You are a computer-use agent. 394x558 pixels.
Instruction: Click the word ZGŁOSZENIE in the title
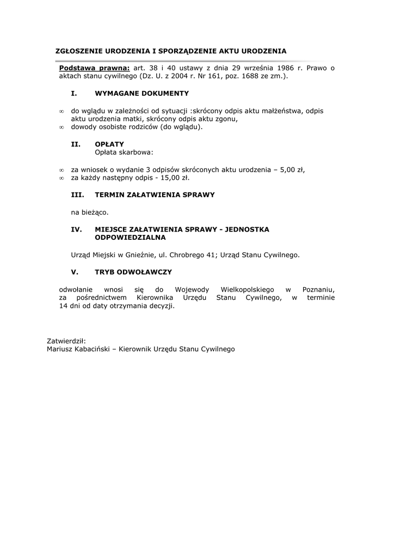pos(78,51)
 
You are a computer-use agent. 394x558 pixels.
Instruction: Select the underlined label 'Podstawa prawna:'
pos(94,68)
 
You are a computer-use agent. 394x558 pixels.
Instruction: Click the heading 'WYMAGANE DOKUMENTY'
pos(141,94)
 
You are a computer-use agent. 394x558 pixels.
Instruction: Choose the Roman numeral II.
pos(76,144)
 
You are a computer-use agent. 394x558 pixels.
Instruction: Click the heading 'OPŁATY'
pos(109,144)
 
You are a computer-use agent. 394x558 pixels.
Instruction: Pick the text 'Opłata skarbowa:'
pos(124,153)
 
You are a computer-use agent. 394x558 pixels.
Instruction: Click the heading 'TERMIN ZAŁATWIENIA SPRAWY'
pos(155,195)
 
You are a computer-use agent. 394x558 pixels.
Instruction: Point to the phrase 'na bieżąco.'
pos(90,211)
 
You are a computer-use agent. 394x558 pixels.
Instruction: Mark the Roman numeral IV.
pos(77,229)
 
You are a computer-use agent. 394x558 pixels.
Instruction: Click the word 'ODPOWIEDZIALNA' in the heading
pos(130,238)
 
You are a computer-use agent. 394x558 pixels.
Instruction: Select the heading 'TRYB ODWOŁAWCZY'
pos(133,272)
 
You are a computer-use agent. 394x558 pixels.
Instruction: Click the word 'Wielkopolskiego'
pos(247,289)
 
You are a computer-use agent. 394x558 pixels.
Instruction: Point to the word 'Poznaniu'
pos(318,289)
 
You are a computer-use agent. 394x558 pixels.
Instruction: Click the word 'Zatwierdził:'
pos(66,341)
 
